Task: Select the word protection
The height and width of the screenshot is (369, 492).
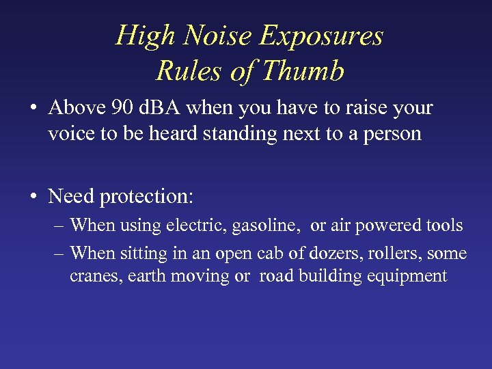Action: [146, 197]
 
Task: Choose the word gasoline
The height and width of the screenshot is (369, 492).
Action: [266, 225]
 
